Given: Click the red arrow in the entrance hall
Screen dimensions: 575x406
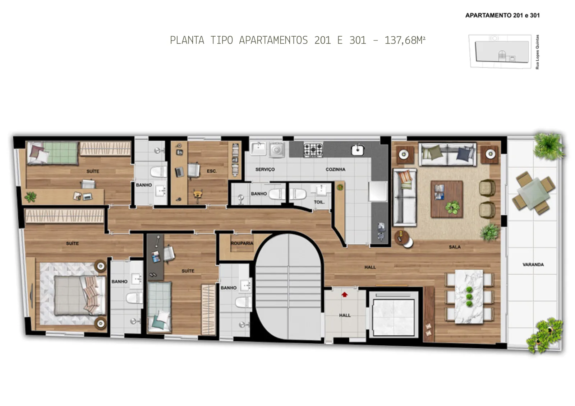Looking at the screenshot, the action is [x=345, y=295].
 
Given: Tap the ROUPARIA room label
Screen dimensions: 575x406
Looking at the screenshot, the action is [x=242, y=243].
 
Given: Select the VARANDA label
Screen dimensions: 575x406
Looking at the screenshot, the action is [x=533, y=265].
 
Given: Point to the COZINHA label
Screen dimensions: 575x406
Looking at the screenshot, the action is [x=336, y=169].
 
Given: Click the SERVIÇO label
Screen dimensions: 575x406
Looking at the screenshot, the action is [x=265, y=169].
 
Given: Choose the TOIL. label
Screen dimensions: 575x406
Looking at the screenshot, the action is [x=319, y=202].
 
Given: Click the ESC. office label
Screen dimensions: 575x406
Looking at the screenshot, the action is [x=212, y=171].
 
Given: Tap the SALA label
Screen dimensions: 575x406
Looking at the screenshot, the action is [x=455, y=247].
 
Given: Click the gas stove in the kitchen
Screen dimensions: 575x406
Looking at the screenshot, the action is [x=313, y=150].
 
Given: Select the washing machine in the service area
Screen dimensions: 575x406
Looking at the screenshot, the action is [x=277, y=150].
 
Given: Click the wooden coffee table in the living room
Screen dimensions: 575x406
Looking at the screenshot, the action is [x=447, y=199].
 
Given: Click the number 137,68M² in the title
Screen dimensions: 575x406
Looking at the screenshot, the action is [x=405, y=40].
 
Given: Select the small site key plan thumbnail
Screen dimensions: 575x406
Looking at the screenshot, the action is [x=500, y=52].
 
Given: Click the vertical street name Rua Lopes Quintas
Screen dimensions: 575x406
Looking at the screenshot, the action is [x=537, y=52].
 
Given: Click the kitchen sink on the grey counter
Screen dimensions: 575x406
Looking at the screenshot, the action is [x=358, y=150].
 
